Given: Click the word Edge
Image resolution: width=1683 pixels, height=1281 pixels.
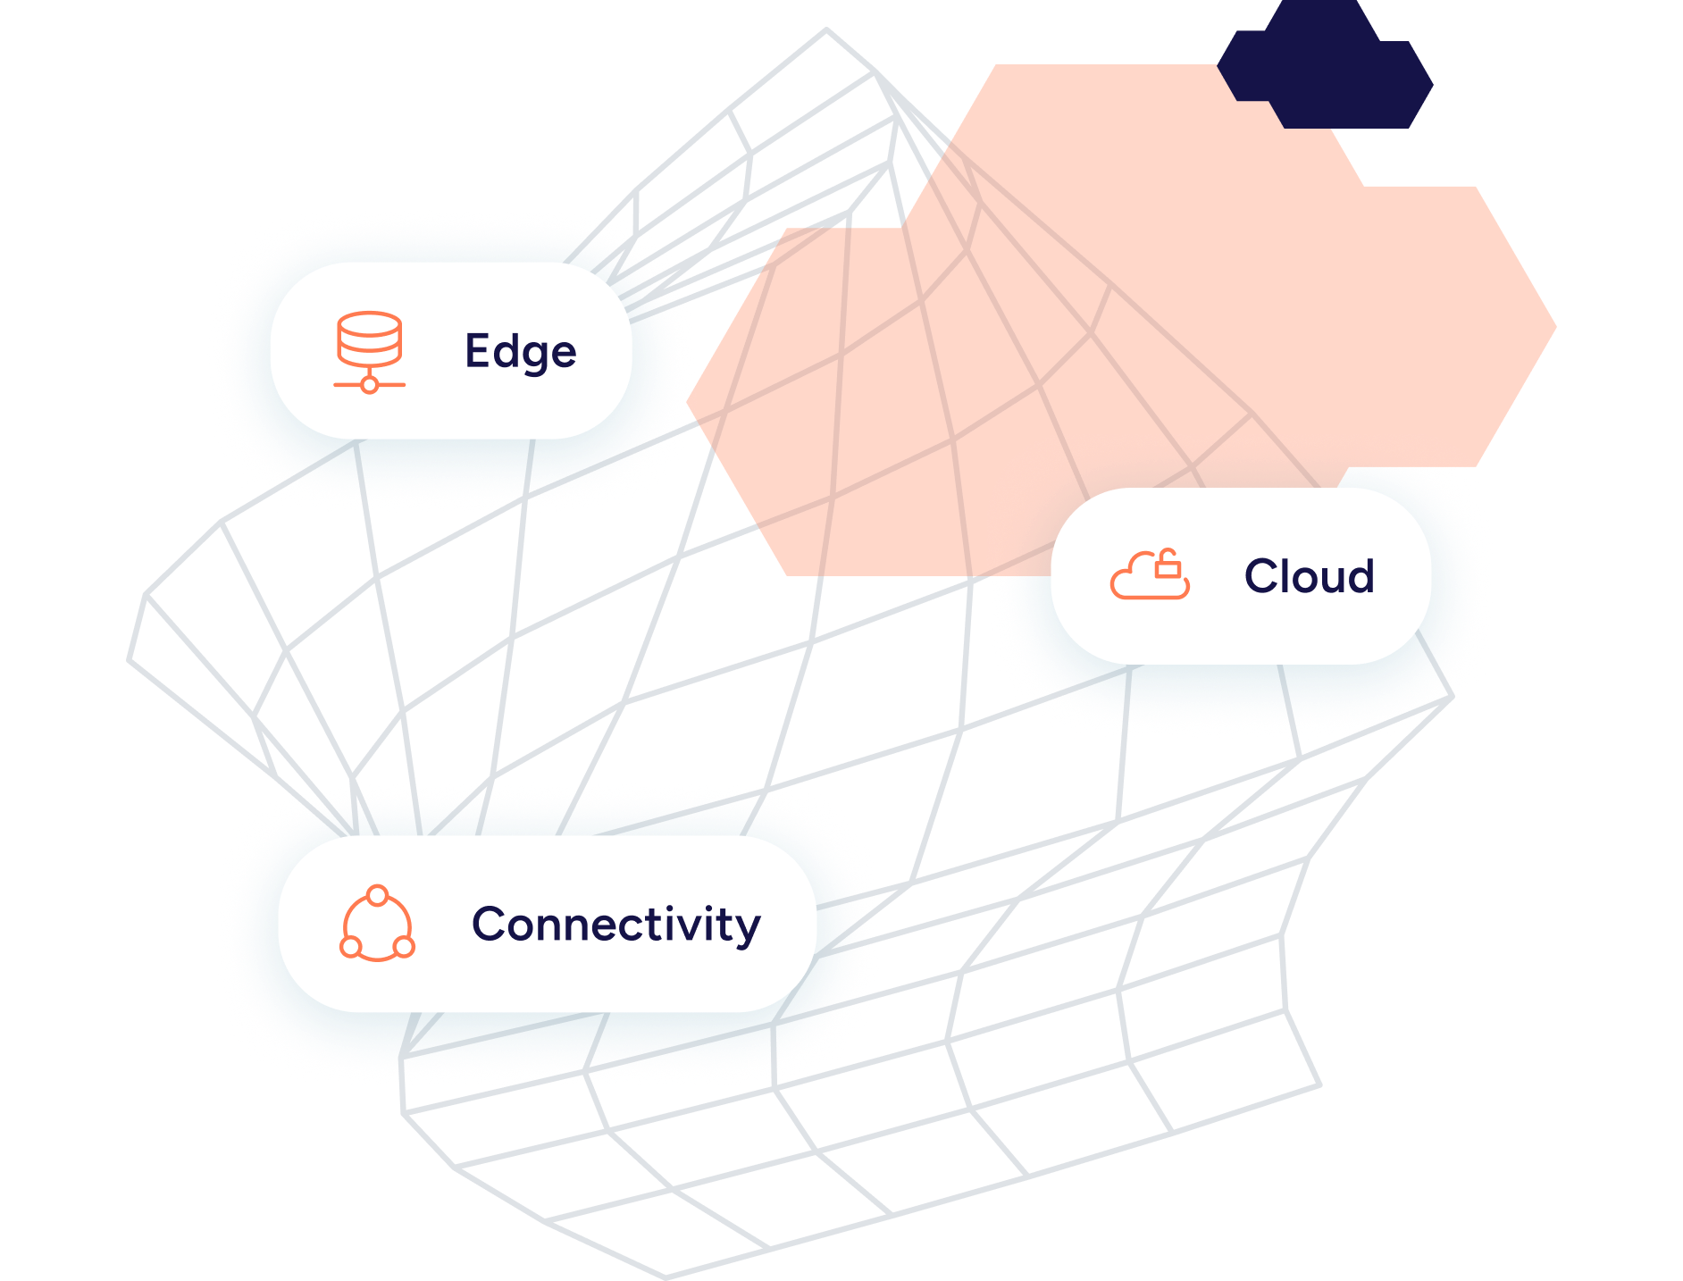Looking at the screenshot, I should click(x=520, y=351).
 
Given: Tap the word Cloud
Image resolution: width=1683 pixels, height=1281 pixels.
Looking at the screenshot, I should click(x=1309, y=576).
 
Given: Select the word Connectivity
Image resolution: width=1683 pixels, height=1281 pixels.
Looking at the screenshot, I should click(x=615, y=925).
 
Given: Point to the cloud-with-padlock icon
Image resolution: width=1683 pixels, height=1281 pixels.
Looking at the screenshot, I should click(x=1150, y=575).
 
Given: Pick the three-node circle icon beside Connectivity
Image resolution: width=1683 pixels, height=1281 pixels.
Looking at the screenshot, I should click(x=377, y=925).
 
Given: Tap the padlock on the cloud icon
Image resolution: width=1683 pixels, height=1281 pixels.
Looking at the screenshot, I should click(x=1168, y=565).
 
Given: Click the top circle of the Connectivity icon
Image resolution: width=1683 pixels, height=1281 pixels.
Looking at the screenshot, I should click(x=377, y=895).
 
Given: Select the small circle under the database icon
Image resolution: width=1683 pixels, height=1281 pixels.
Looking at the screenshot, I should click(x=369, y=385).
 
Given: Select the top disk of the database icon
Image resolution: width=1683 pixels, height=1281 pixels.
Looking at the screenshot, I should click(x=369, y=322).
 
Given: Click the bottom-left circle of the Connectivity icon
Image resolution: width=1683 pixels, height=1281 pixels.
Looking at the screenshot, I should click(x=351, y=947).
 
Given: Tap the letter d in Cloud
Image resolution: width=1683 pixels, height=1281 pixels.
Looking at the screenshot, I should click(x=1358, y=576).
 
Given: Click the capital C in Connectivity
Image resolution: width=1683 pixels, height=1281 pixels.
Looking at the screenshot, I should click(x=491, y=925).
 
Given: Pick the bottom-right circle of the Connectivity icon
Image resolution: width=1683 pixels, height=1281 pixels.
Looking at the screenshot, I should click(x=404, y=947).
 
